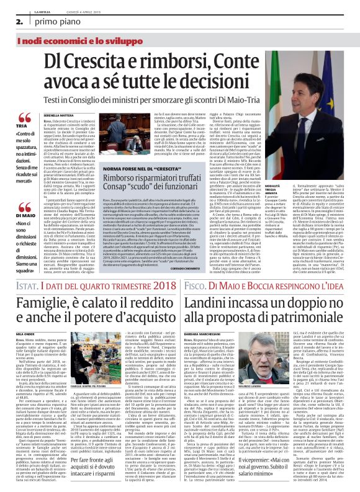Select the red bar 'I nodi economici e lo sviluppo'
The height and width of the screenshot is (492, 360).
(68, 40)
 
